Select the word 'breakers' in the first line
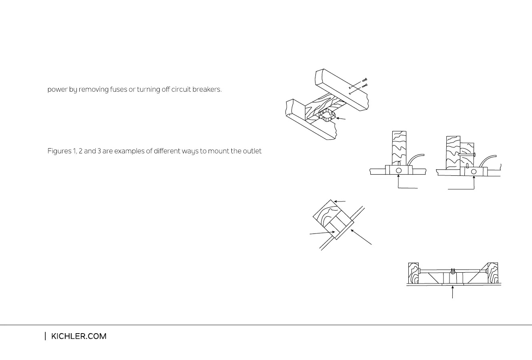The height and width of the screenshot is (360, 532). coord(207,89)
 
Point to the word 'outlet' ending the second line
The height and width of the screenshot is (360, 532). coord(252,151)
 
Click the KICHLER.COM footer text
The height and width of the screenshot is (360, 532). coord(79,336)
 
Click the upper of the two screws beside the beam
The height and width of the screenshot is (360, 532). coord(365,80)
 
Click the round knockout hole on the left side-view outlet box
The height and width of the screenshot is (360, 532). coord(399,171)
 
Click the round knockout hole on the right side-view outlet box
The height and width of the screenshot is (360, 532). coord(474,171)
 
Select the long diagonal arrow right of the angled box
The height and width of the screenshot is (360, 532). coord(361,237)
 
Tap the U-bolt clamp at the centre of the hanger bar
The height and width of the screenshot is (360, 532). coord(453,271)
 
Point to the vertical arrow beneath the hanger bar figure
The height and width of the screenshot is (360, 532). coord(453,292)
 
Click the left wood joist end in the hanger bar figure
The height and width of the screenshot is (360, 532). coord(413,273)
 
